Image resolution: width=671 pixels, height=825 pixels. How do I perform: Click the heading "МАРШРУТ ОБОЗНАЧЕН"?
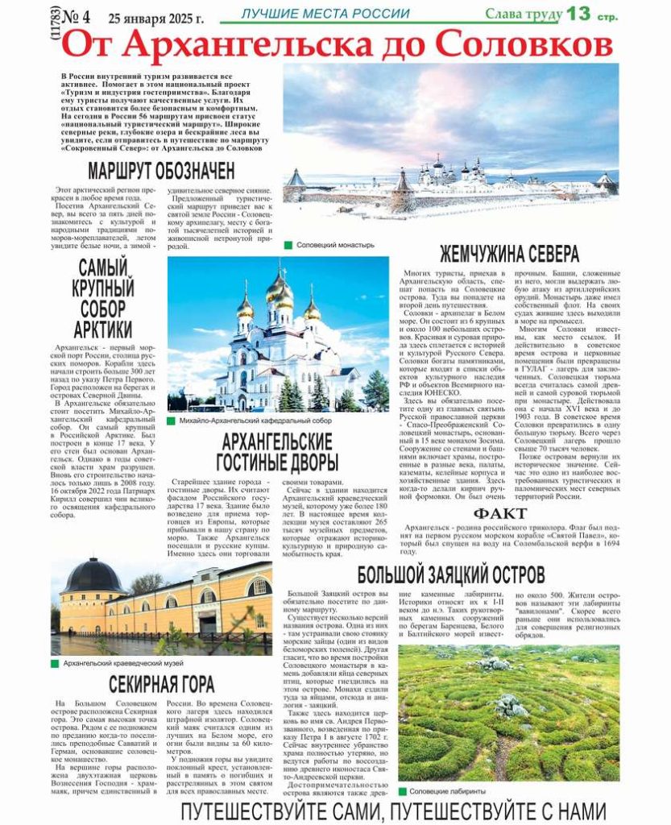click(161, 171)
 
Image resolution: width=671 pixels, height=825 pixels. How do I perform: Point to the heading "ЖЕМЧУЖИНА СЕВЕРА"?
click(508, 254)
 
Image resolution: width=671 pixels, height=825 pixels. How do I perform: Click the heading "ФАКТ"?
click(500, 514)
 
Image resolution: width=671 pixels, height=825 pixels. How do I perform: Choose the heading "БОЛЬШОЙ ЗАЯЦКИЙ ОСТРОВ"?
click(452, 575)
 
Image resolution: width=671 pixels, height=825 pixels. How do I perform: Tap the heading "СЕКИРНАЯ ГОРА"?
click(162, 685)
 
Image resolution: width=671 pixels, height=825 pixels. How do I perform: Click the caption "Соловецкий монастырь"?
click(335, 244)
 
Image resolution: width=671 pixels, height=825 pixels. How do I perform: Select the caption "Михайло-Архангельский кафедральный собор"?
click(255, 421)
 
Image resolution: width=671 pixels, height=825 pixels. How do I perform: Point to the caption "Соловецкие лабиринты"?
click(447, 791)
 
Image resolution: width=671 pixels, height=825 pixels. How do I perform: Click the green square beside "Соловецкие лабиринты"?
click(402, 791)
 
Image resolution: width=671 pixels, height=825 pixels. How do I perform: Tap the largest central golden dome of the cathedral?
click(279, 292)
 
